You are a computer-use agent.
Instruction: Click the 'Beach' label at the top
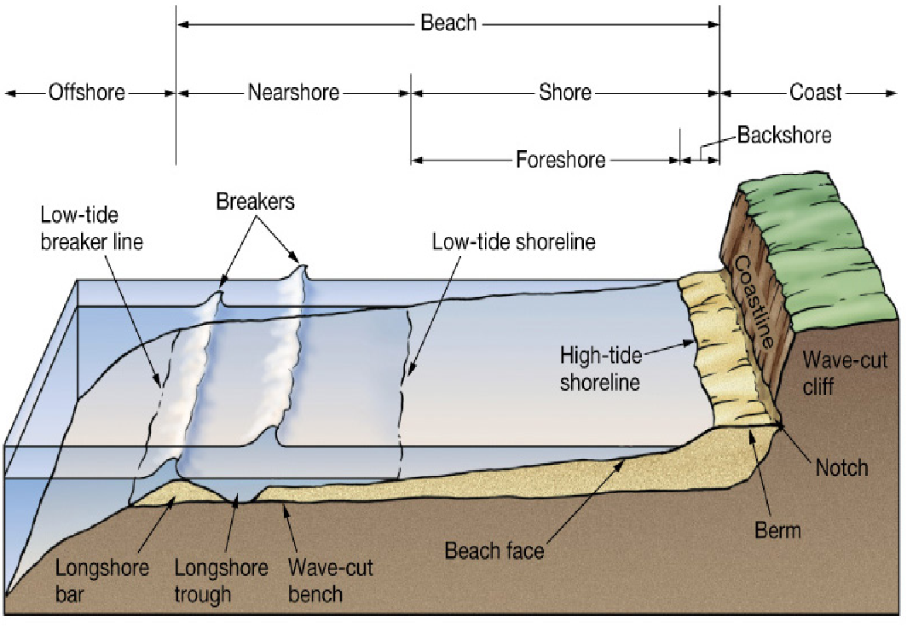coord(448,23)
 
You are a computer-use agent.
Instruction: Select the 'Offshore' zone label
coord(87,92)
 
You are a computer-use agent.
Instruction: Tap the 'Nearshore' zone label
coord(293,92)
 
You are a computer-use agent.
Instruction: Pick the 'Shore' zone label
coord(565,92)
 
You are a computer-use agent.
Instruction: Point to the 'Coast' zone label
coord(815,92)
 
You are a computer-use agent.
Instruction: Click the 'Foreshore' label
coord(560,160)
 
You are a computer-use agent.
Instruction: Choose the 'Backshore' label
coord(783,135)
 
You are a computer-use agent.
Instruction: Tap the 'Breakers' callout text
coord(255,202)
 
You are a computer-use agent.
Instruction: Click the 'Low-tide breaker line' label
coord(91,229)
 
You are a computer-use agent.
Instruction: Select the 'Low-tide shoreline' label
coord(513,241)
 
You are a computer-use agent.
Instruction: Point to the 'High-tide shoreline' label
coord(599,369)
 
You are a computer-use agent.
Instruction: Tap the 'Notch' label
coord(841,467)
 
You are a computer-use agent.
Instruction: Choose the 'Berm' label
coord(777,531)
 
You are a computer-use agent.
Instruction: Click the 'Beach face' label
coord(494,550)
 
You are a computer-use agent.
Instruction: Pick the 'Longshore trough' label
coord(221,581)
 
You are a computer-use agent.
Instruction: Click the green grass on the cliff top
coord(818,230)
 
